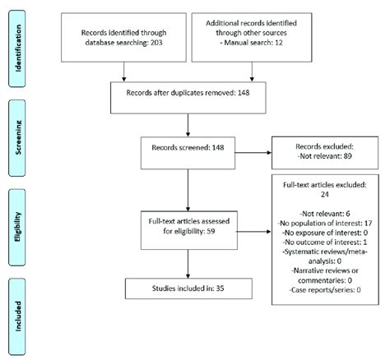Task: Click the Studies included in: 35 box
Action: (x=188, y=288)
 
